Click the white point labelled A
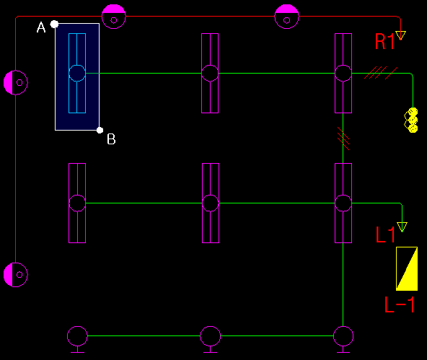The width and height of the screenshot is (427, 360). (55, 25)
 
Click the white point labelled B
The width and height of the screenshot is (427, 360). (100, 130)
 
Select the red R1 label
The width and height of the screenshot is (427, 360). (384, 42)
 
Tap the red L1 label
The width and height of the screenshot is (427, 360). (385, 234)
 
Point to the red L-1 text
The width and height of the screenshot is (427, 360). (400, 304)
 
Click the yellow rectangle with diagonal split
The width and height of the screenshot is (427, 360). (407, 268)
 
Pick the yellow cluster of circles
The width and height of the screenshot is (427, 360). (411, 120)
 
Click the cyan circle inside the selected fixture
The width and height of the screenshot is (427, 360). (77, 74)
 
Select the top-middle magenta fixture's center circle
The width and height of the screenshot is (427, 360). (210, 74)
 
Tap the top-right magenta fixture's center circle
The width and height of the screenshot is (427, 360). (343, 74)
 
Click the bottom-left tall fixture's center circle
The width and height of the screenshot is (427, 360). (77, 203)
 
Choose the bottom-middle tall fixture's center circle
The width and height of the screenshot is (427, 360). (211, 203)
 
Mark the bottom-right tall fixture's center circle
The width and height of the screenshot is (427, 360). (343, 203)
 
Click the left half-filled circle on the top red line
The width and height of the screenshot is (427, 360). (114, 17)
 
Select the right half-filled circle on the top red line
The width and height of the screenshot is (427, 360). (286, 17)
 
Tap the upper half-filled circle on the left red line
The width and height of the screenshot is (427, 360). (16, 82)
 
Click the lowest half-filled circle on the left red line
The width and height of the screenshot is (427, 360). (16, 274)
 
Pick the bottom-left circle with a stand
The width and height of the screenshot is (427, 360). (77, 339)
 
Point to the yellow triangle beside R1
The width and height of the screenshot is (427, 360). (400, 35)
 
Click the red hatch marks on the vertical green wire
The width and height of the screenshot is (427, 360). (343, 139)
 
